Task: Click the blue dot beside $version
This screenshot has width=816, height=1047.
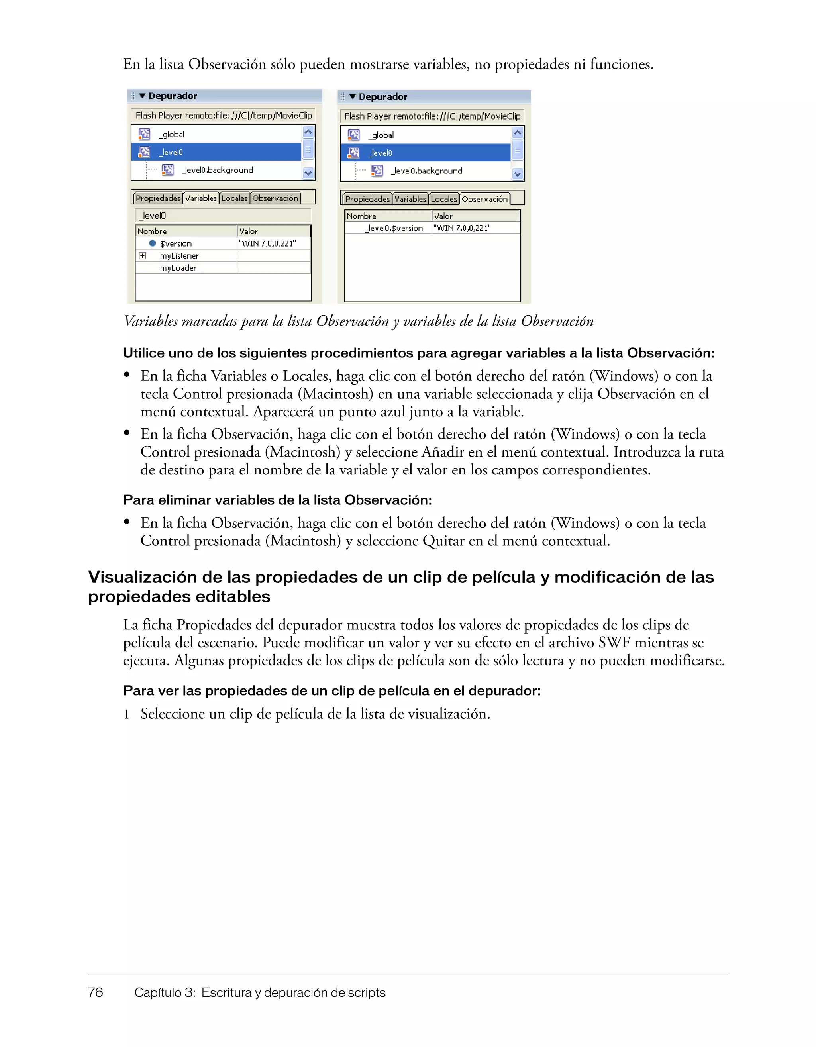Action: tap(153, 243)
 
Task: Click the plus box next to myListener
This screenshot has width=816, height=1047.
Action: tap(142, 255)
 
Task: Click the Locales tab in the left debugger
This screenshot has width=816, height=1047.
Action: tap(234, 198)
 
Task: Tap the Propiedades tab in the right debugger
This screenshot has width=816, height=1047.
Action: tap(367, 199)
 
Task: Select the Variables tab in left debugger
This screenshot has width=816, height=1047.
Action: tap(201, 198)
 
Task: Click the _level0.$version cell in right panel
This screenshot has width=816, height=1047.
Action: tap(394, 228)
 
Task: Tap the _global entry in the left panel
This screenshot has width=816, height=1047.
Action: tap(172, 134)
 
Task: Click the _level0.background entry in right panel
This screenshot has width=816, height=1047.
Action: tap(427, 171)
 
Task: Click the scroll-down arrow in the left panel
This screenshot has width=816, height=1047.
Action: tap(308, 173)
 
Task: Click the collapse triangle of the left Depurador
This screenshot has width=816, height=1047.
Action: tap(142, 96)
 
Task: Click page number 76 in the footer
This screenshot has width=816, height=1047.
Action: tap(95, 992)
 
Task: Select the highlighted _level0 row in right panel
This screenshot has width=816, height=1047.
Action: tap(426, 153)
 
